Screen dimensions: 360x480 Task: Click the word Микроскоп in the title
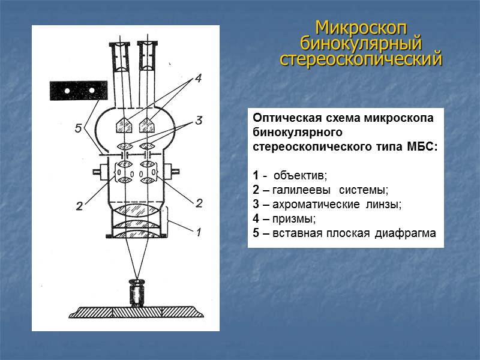361,28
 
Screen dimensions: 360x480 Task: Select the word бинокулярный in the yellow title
361,43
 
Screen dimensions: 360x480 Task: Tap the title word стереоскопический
361,59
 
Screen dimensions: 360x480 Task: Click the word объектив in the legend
299,176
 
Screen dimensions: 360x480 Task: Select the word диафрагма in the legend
404,233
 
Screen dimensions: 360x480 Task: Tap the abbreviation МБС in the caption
423,147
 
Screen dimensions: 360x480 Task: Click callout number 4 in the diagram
197,78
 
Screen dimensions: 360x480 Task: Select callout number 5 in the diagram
78,127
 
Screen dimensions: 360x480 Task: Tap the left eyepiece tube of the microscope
119,60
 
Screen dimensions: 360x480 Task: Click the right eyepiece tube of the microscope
146,60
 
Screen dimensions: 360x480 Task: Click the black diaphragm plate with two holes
79,90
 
